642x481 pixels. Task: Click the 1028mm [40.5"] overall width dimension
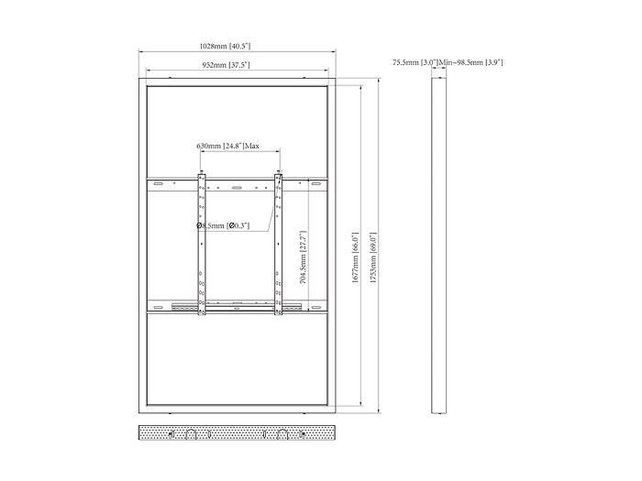225,46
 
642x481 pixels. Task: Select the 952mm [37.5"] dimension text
226,65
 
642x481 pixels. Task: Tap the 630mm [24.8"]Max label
227,146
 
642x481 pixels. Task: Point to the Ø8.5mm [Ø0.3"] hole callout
223,225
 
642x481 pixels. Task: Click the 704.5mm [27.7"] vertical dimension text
303,257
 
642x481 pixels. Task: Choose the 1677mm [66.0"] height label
355,257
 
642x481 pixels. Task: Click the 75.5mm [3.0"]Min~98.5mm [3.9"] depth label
448,62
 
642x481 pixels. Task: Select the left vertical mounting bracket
202,245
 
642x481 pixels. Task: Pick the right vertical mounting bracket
279,245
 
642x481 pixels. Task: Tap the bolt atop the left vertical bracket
202,172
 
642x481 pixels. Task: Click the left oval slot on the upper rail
158,184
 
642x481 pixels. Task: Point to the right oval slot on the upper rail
315,184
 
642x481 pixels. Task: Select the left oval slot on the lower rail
158,307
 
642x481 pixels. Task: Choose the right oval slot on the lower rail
315,307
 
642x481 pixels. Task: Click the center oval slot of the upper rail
237,188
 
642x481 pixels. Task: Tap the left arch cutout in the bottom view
191,435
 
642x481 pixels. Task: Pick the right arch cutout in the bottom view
282,435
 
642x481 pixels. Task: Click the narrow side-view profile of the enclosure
439,246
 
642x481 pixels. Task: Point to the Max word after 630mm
252,146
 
